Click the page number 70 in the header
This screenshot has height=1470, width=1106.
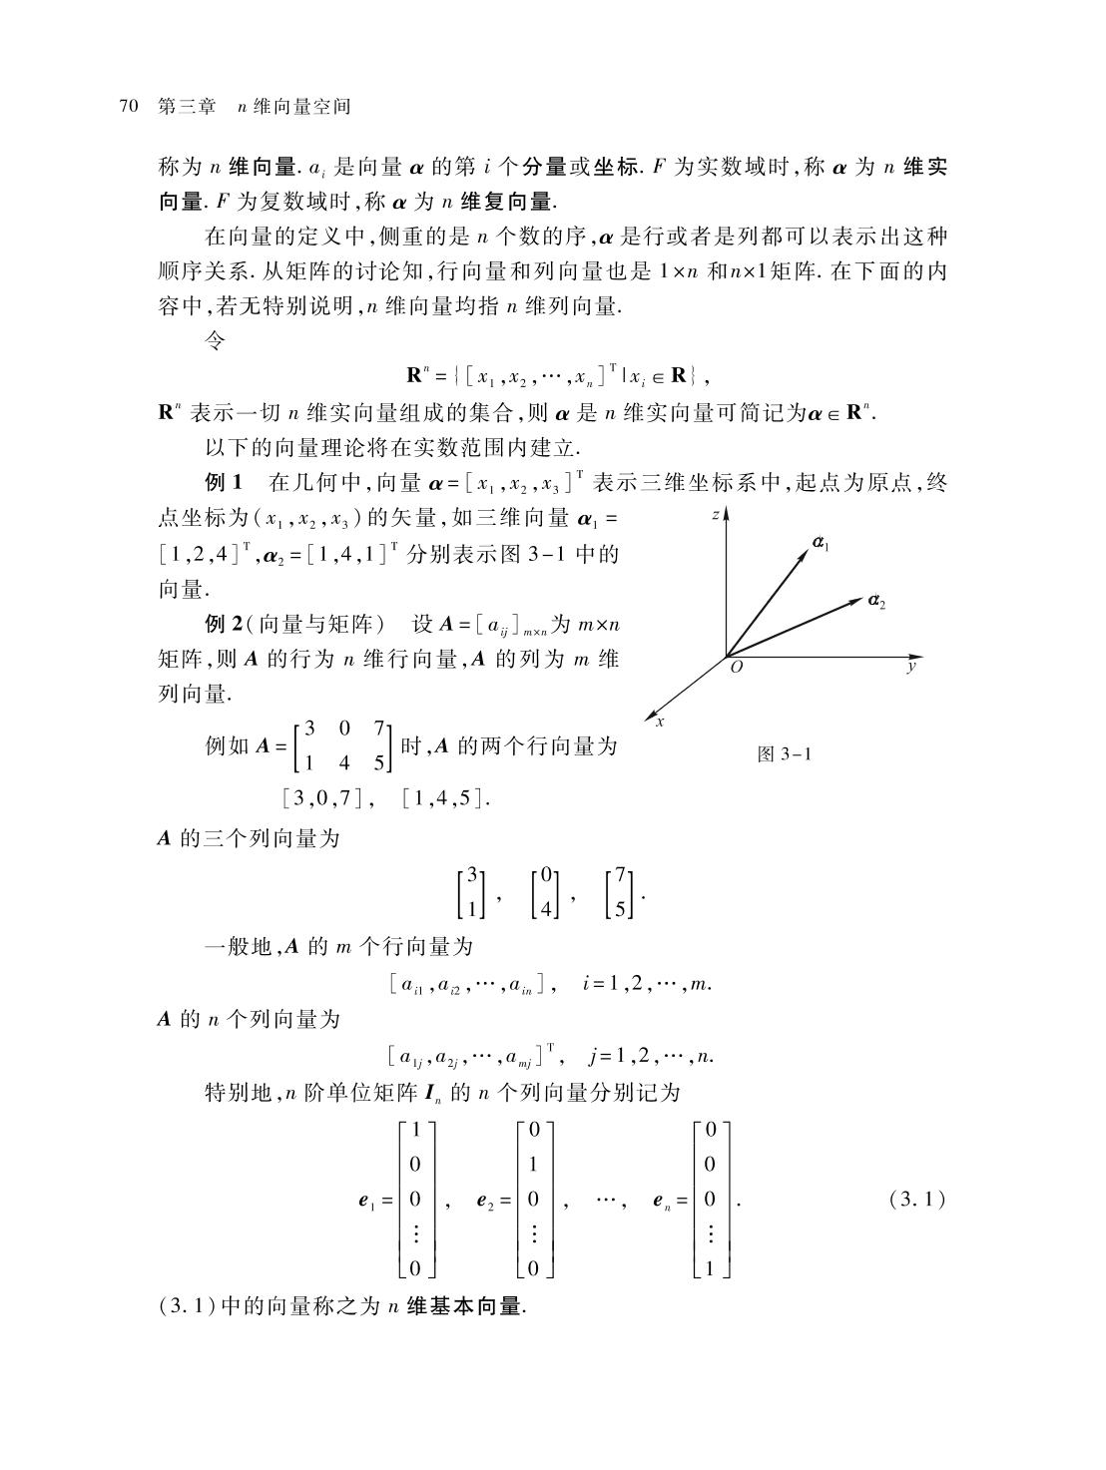[127, 107]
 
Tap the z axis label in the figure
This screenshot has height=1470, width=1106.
[716, 515]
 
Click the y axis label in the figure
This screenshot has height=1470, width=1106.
[910, 666]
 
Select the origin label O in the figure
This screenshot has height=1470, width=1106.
[736, 668]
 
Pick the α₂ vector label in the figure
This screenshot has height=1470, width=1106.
[876, 601]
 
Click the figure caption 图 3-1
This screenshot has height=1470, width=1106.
[784, 754]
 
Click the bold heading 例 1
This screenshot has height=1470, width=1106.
[224, 483]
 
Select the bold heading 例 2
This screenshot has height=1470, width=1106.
[224, 625]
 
